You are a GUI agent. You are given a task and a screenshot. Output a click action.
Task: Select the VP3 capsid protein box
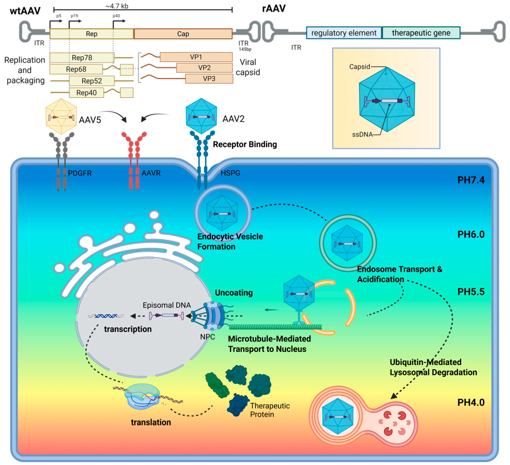(209, 79)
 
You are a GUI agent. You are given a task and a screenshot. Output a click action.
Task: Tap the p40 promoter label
(116, 16)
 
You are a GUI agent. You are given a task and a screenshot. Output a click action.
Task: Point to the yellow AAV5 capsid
(61, 116)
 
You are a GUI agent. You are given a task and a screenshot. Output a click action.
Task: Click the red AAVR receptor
(134, 161)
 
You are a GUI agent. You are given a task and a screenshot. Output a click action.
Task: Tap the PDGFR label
(80, 173)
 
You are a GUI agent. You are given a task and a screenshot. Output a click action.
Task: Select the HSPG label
(230, 173)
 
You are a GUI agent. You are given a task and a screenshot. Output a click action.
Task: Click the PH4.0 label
(471, 402)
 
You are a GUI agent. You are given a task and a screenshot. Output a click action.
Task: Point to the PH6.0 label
(471, 234)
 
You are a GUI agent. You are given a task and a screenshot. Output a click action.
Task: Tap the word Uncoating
(234, 293)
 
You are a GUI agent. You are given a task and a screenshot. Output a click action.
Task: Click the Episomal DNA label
(167, 305)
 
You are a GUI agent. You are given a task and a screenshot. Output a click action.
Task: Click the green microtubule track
(275, 327)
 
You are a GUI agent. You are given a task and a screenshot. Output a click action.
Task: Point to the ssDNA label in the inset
(362, 134)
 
